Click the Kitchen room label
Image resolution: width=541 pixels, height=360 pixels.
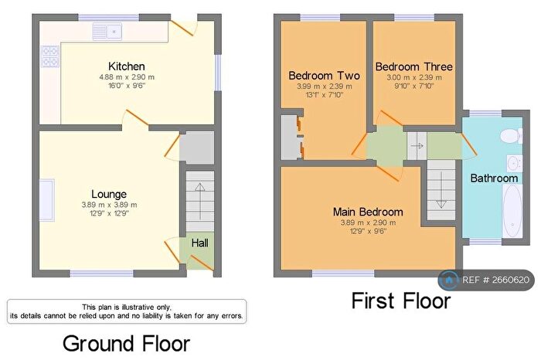coord(127,66)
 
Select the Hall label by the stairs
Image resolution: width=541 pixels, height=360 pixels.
coord(199,243)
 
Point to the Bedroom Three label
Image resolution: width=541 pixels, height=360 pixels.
coord(413,66)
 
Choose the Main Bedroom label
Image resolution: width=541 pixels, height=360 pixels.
coord(368,211)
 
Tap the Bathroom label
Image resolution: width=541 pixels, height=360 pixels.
coord(495,178)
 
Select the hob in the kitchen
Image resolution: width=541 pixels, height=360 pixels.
coord(49,58)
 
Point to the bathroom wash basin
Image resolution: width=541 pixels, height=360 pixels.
coord(512,162)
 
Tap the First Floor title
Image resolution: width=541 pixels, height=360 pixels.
coord(400,300)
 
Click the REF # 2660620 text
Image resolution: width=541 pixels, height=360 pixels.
coord(495,280)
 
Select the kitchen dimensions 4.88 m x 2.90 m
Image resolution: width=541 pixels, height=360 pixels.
coord(127,77)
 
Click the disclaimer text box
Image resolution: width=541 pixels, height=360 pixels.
coord(127,311)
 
